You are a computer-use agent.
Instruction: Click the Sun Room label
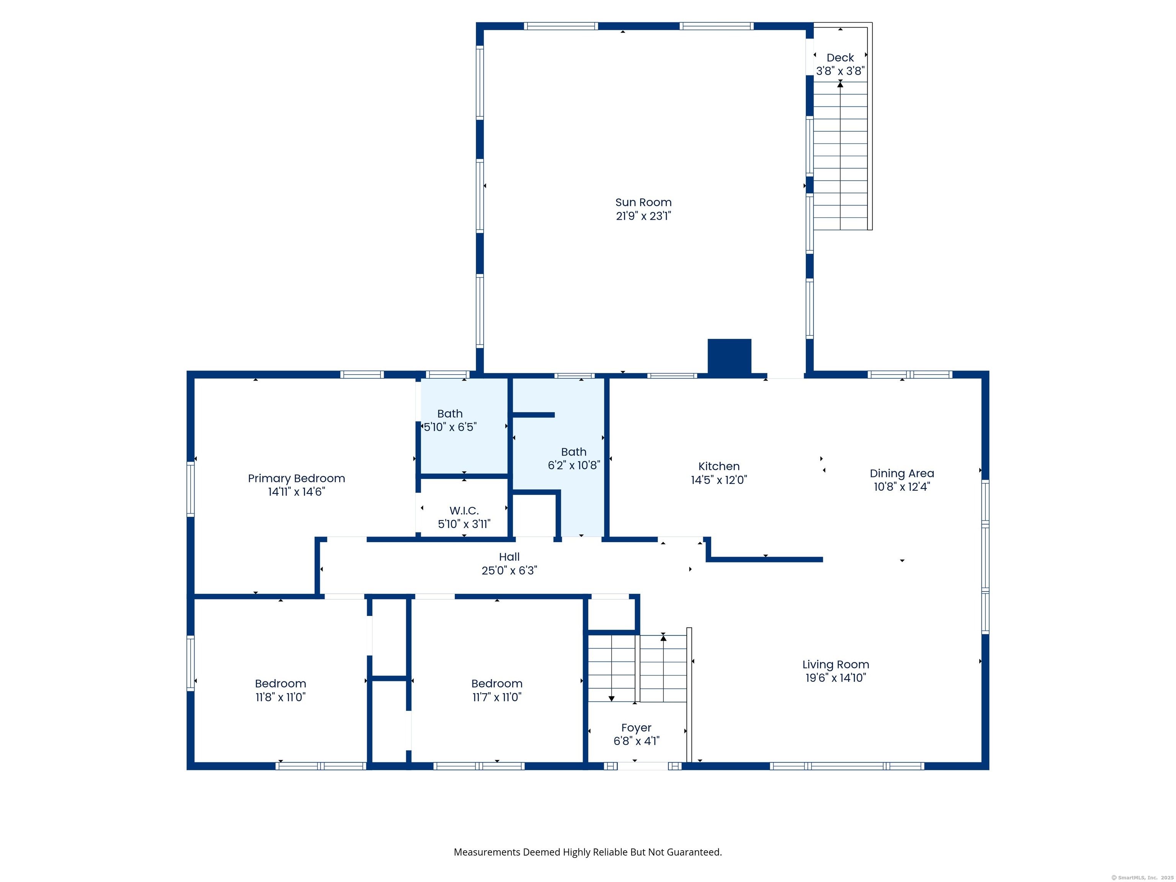click(x=643, y=203)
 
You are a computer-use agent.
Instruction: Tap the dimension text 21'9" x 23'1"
click(x=643, y=216)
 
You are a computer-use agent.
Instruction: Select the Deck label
click(x=840, y=57)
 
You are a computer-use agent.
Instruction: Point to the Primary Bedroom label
click(x=296, y=479)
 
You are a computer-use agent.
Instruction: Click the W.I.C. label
click(x=464, y=511)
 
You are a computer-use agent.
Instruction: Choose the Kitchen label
click(x=719, y=466)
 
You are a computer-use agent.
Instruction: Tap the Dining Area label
click(x=902, y=473)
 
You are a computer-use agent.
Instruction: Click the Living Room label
click(x=836, y=665)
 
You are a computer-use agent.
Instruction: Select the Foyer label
click(x=636, y=728)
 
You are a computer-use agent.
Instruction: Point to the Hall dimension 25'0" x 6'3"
click(x=509, y=570)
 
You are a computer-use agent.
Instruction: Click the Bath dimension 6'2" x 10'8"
click(x=574, y=465)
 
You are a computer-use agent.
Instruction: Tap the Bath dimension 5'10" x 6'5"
click(x=450, y=427)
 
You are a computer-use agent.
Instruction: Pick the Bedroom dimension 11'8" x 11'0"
click(x=281, y=697)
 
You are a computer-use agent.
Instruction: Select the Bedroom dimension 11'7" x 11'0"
click(x=497, y=697)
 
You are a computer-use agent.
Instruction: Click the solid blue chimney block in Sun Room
click(x=729, y=356)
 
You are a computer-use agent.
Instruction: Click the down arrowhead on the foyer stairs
click(x=611, y=699)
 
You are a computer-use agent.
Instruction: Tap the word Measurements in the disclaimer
click(x=487, y=852)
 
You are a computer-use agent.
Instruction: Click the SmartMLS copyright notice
click(x=1142, y=878)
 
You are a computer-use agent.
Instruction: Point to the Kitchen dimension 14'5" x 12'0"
click(x=719, y=480)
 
